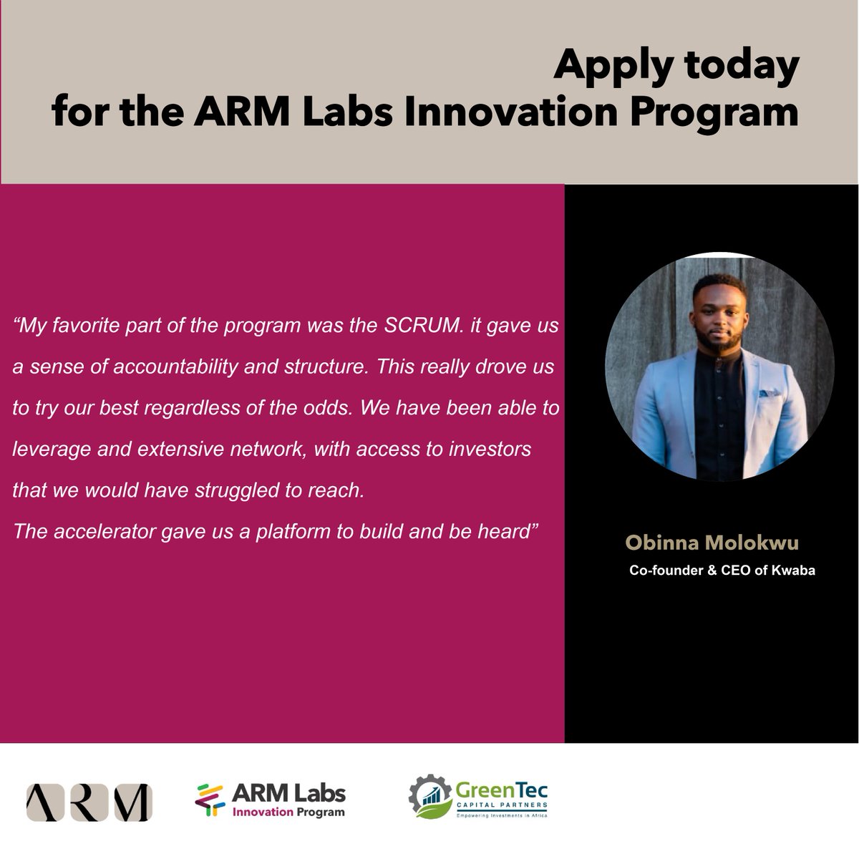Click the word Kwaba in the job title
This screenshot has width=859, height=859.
(775, 571)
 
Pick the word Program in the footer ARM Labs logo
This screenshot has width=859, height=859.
(320, 812)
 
